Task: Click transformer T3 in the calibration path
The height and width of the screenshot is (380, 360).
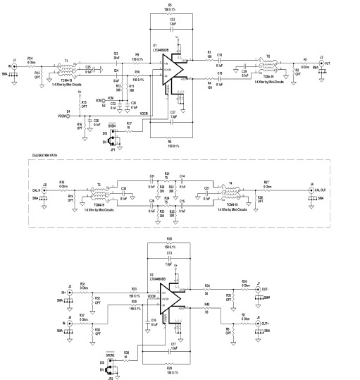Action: [x=98, y=190]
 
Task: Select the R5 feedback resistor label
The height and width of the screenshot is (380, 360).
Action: [x=170, y=4]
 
